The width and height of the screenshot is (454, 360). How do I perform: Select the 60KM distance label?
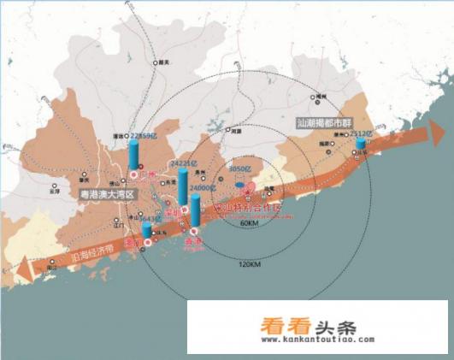pyautogui.click(x=250, y=223)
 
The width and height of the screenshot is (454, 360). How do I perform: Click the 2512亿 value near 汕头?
pyautogui.click(x=362, y=134)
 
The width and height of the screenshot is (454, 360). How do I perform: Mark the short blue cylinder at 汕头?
pyautogui.click(x=361, y=145)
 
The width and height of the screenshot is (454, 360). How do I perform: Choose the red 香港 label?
pyautogui.click(x=192, y=241)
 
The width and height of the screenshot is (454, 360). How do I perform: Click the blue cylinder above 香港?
pyautogui.click(x=196, y=211)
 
